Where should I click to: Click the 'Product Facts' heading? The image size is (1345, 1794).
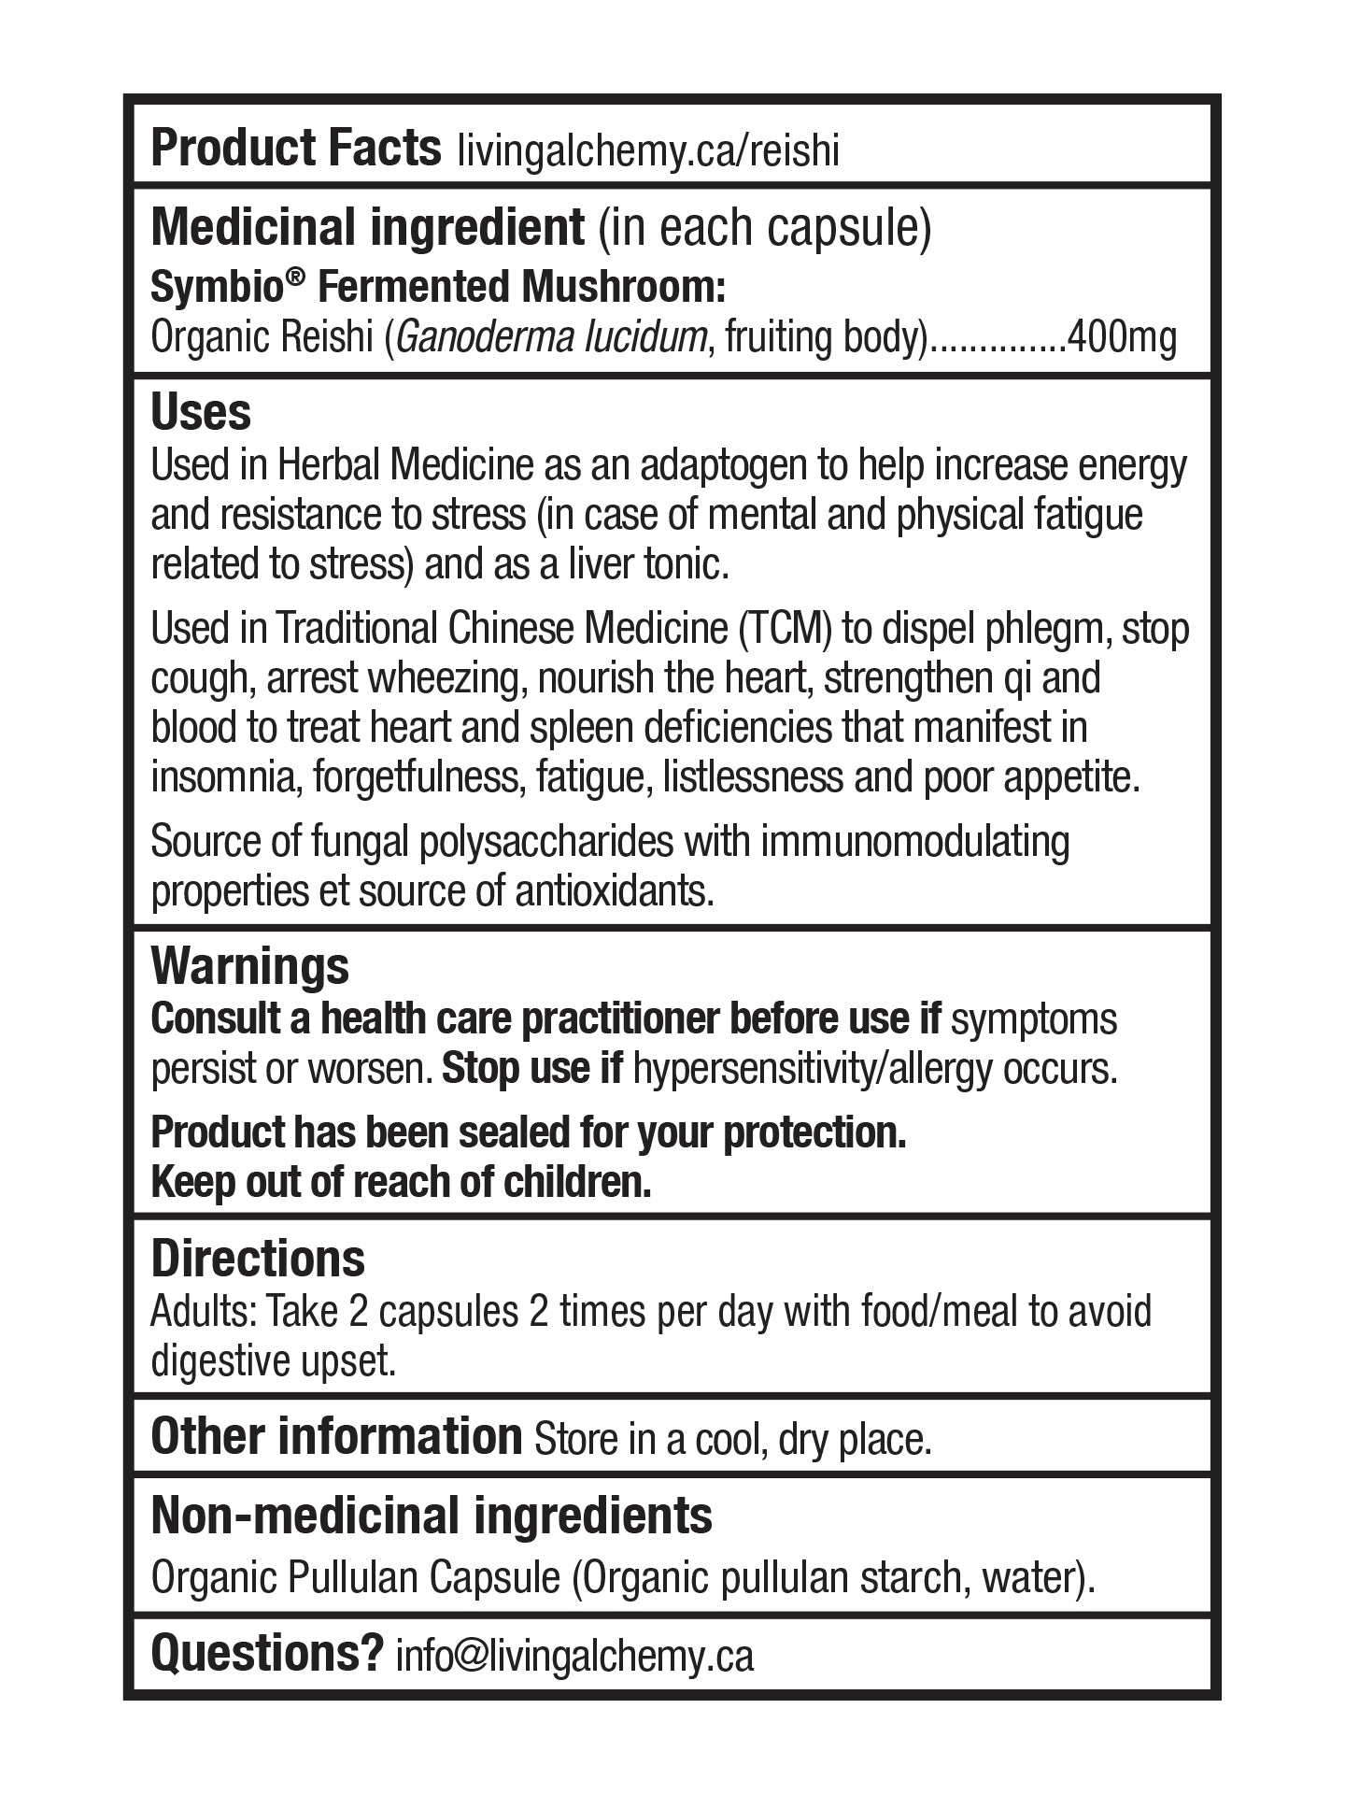click(x=295, y=148)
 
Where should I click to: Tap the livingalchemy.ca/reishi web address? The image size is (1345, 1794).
click(x=648, y=151)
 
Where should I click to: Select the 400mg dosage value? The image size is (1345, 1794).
click(x=1121, y=337)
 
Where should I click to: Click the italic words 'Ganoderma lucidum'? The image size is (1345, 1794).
click(x=550, y=337)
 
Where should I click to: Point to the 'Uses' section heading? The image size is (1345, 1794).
click(x=201, y=411)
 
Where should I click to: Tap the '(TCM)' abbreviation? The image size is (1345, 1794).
click(x=785, y=629)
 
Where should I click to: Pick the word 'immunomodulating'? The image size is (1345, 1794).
click(x=915, y=841)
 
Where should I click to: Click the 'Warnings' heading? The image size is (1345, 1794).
click(x=249, y=965)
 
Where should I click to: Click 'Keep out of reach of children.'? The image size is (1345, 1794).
click(x=401, y=1183)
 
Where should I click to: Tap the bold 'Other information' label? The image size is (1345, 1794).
click(x=336, y=1436)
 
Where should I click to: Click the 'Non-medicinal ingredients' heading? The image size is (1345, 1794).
click(x=432, y=1516)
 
